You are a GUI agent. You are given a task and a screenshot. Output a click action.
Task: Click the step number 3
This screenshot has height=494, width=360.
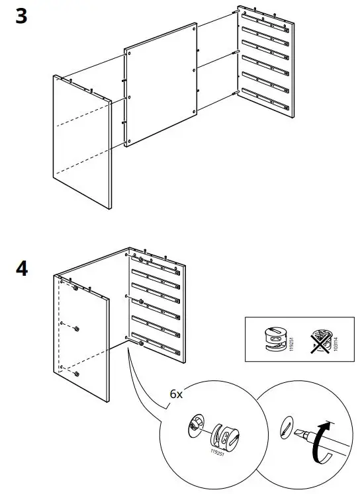22,17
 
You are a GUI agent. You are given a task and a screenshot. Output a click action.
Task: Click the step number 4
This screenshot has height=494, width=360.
22,270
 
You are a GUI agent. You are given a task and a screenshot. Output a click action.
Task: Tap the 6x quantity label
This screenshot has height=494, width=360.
176,393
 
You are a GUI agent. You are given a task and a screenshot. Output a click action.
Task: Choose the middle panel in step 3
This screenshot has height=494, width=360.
161,86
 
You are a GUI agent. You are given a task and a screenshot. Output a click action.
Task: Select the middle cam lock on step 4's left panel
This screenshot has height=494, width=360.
77,329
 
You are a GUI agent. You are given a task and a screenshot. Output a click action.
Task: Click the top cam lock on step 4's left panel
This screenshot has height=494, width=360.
76,289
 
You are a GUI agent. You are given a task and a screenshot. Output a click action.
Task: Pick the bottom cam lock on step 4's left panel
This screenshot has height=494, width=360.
77,375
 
